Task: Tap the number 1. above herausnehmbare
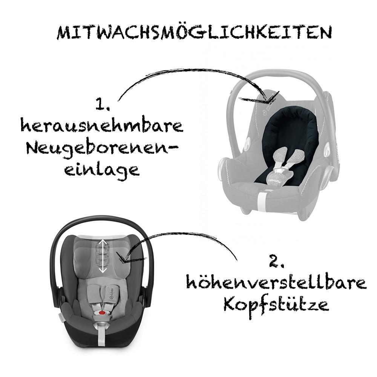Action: [x=103, y=104]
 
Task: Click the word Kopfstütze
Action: [x=276, y=305]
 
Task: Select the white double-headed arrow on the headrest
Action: [x=103, y=255]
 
